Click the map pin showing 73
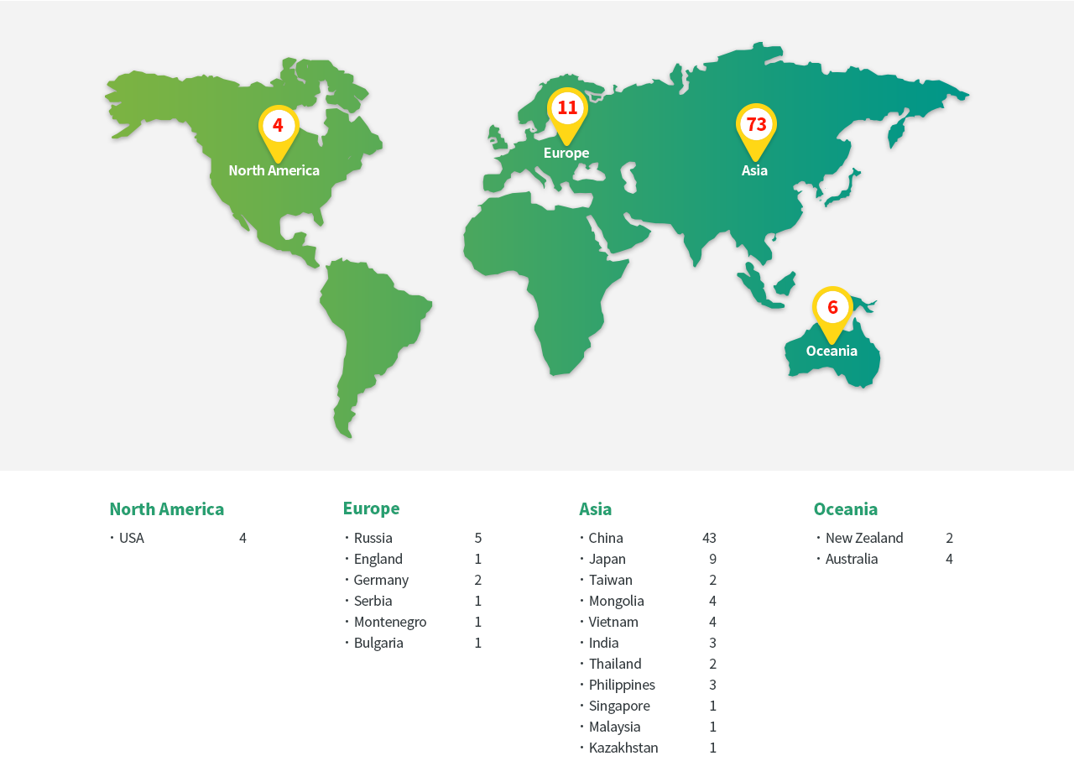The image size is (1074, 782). (x=756, y=126)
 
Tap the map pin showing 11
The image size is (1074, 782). (x=567, y=109)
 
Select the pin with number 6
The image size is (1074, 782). (x=832, y=308)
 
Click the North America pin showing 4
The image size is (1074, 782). (x=279, y=127)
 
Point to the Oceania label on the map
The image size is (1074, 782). (x=832, y=351)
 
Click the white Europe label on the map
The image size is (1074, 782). (x=566, y=153)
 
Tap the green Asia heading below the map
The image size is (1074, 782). (x=596, y=509)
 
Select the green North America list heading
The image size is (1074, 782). (x=167, y=509)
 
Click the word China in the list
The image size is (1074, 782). (x=606, y=538)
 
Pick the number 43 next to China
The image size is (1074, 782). (x=709, y=538)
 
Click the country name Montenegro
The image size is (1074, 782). (x=390, y=622)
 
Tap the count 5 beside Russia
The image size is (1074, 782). (x=478, y=538)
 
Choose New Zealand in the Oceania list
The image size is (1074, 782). (x=864, y=538)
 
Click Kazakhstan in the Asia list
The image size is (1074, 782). (x=623, y=748)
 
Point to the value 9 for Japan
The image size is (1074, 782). (x=713, y=559)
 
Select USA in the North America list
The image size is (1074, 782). (x=132, y=538)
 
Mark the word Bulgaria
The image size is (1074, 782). (x=378, y=643)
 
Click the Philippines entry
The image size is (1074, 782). (x=622, y=685)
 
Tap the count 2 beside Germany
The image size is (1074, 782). (x=478, y=580)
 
